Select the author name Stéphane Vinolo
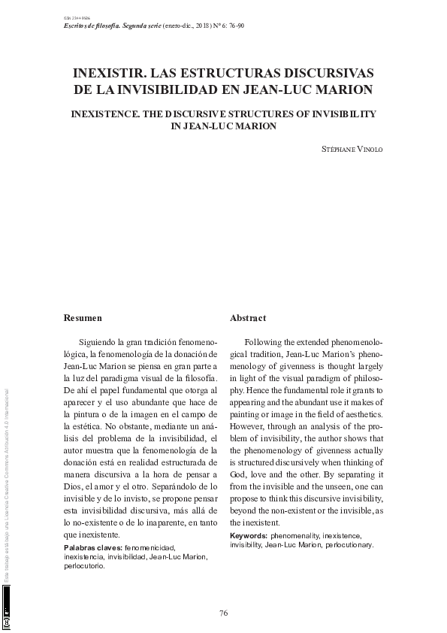[x=352, y=148]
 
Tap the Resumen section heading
[x=83, y=318]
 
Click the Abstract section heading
[x=248, y=318]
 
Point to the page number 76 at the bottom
[x=223, y=613]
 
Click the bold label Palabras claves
[x=92, y=548]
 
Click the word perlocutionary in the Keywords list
[x=349, y=544]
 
